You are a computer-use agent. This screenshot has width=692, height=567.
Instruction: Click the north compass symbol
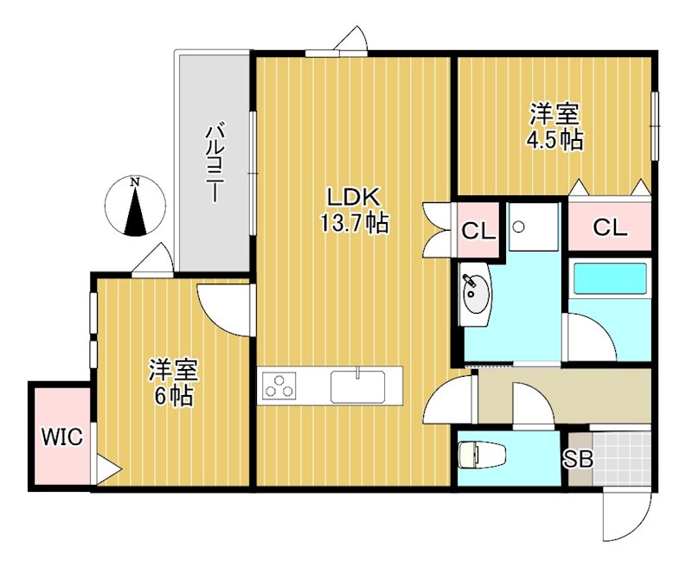tap(135, 207)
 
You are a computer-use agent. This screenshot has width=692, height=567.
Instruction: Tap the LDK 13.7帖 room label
tap(354, 210)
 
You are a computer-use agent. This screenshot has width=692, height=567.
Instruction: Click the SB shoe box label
tap(579, 460)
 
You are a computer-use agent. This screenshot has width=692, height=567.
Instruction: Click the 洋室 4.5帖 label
tap(555, 127)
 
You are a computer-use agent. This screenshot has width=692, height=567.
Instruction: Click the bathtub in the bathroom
tap(610, 279)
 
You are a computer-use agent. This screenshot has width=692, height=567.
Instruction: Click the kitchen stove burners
tap(279, 385)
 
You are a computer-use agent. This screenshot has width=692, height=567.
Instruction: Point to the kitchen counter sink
tap(358, 385)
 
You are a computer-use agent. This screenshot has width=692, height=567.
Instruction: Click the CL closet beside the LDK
tap(477, 231)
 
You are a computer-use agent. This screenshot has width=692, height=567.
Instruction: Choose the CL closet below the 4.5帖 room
tap(609, 227)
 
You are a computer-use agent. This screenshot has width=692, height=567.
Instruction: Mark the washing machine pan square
tap(534, 227)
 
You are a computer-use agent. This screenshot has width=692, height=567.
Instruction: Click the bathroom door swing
tap(589, 333)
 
